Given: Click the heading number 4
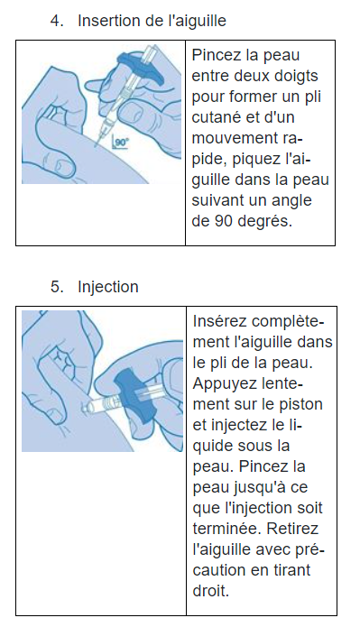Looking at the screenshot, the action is pyautogui.click(x=57, y=21).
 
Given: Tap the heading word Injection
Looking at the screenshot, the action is pyautogui.click(x=108, y=287).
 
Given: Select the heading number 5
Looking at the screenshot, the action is pyautogui.click(x=57, y=287).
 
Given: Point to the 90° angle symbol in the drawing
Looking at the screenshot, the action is pyautogui.click(x=119, y=143).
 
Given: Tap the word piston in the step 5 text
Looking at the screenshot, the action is pyautogui.click(x=301, y=404).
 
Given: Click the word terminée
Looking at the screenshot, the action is pyautogui.click(x=227, y=529).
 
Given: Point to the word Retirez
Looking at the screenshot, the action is pyautogui.click(x=292, y=529).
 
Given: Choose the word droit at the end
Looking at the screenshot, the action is pyautogui.click(x=211, y=591).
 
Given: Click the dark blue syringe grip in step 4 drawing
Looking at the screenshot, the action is pyautogui.click(x=140, y=68).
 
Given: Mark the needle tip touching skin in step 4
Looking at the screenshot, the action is pyautogui.click(x=96, y=146).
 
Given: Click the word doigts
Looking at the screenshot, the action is pyautogui.click(x=296, y=77).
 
